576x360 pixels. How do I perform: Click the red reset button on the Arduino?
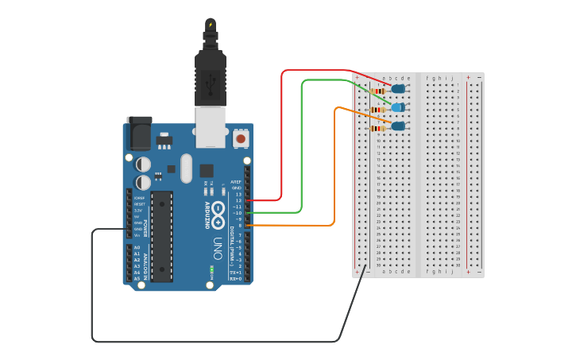click(241, 139)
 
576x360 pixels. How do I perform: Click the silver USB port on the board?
click(211, 127)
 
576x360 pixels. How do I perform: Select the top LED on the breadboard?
click(398, 89)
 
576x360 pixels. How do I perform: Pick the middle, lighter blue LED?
click(398, 107)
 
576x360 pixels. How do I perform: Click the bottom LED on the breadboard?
click(398, 126)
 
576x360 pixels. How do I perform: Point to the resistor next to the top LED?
click(378, 91)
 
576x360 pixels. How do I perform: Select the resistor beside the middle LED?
click(378, 110)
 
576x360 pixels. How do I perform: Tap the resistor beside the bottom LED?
click(378, 128)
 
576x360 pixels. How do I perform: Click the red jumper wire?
click(282, 135)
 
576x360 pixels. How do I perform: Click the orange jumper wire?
click(334, 167)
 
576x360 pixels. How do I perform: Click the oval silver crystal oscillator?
click(186, 168)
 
